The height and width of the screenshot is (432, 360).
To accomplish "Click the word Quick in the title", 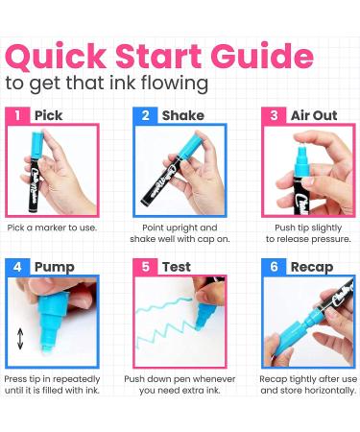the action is point(56,57).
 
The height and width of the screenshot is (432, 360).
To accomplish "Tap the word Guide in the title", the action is point(262,56).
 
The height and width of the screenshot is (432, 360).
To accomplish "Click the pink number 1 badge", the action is point(17,115).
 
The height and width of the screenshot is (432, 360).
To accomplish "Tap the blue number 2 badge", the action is point(145,115).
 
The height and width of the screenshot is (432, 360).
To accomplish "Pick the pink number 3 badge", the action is point(274,115).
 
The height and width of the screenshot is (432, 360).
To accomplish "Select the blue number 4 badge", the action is point(17,267).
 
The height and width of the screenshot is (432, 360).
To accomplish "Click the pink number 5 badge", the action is point(145,267).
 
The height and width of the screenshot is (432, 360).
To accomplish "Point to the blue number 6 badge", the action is point(274,267).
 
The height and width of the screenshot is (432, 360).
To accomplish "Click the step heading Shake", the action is point(183,115).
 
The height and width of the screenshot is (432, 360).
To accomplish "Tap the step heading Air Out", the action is point(314,115).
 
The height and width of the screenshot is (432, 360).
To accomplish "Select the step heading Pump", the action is point(55,268).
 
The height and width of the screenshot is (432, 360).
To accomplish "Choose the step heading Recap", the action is point(312,268).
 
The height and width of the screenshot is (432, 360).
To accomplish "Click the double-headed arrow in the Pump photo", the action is point(20,339).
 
